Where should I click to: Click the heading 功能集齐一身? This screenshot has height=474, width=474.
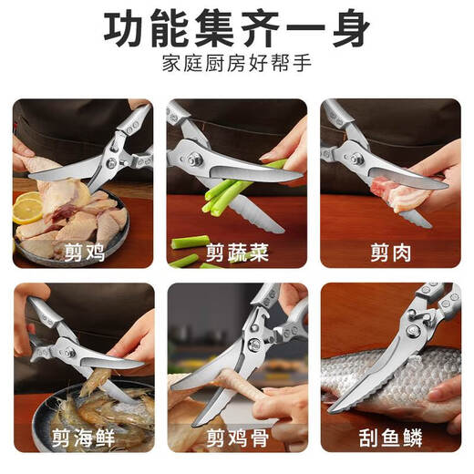coord(237,30)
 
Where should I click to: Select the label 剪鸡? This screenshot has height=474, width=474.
coord(83,250)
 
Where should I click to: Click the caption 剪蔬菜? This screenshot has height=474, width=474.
coord(237,250)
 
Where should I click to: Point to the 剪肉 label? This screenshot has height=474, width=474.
coord(390,250)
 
